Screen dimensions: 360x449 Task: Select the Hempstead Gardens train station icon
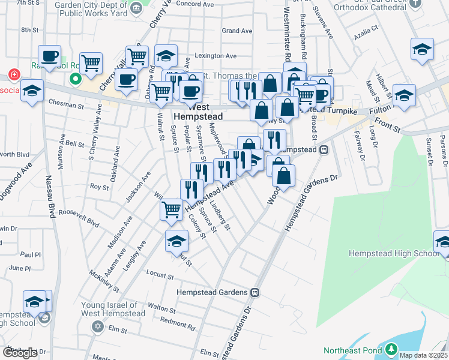(x=255, y=292)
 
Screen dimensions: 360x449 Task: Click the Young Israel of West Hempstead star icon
(x=98, y=326)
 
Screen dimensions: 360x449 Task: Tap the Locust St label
(x=160, y=274)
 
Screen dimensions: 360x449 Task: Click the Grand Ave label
(x=237, y=31)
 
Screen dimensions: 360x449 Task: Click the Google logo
(x=20, y=353)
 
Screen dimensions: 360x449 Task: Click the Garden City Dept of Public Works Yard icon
(x=136, y=8)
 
